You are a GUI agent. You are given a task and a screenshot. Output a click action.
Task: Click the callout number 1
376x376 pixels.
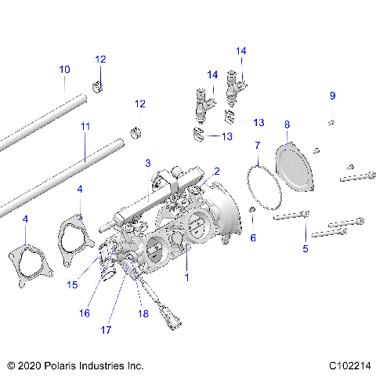point(186,277)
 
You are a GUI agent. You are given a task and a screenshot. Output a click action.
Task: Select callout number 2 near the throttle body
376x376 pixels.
point(217,171)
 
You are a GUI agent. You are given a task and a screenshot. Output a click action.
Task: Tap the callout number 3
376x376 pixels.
point(146,163)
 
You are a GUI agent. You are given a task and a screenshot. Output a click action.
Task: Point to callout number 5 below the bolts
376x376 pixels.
point(305,248)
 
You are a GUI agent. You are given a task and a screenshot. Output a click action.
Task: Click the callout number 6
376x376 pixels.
point(252,237)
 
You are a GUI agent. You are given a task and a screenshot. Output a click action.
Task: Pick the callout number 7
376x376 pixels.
point(257,146)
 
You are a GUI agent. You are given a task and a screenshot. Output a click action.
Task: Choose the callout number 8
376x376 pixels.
point(287,124)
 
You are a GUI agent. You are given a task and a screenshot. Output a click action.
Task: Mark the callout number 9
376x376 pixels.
point(332,96)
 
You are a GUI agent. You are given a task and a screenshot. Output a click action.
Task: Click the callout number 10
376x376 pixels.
point(64,70)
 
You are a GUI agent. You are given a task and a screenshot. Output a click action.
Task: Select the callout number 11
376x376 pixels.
point(85,125)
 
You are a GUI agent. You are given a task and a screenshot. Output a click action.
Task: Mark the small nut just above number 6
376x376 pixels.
point(251,212)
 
